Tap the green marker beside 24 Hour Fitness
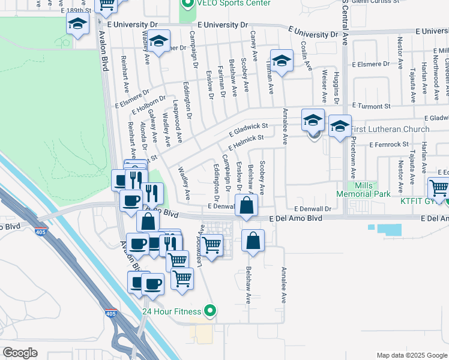[x=209, y=311]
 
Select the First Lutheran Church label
[x=390, y=129]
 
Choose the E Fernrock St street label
[x=389, y=145]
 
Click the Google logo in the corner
[x=20, y=353]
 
